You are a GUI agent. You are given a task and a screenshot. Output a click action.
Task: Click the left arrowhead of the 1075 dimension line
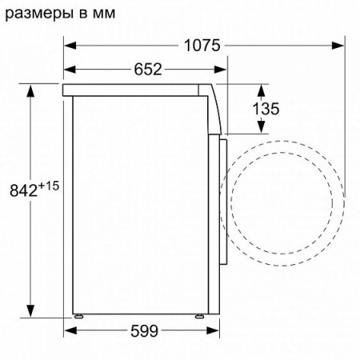pos(69,46)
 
